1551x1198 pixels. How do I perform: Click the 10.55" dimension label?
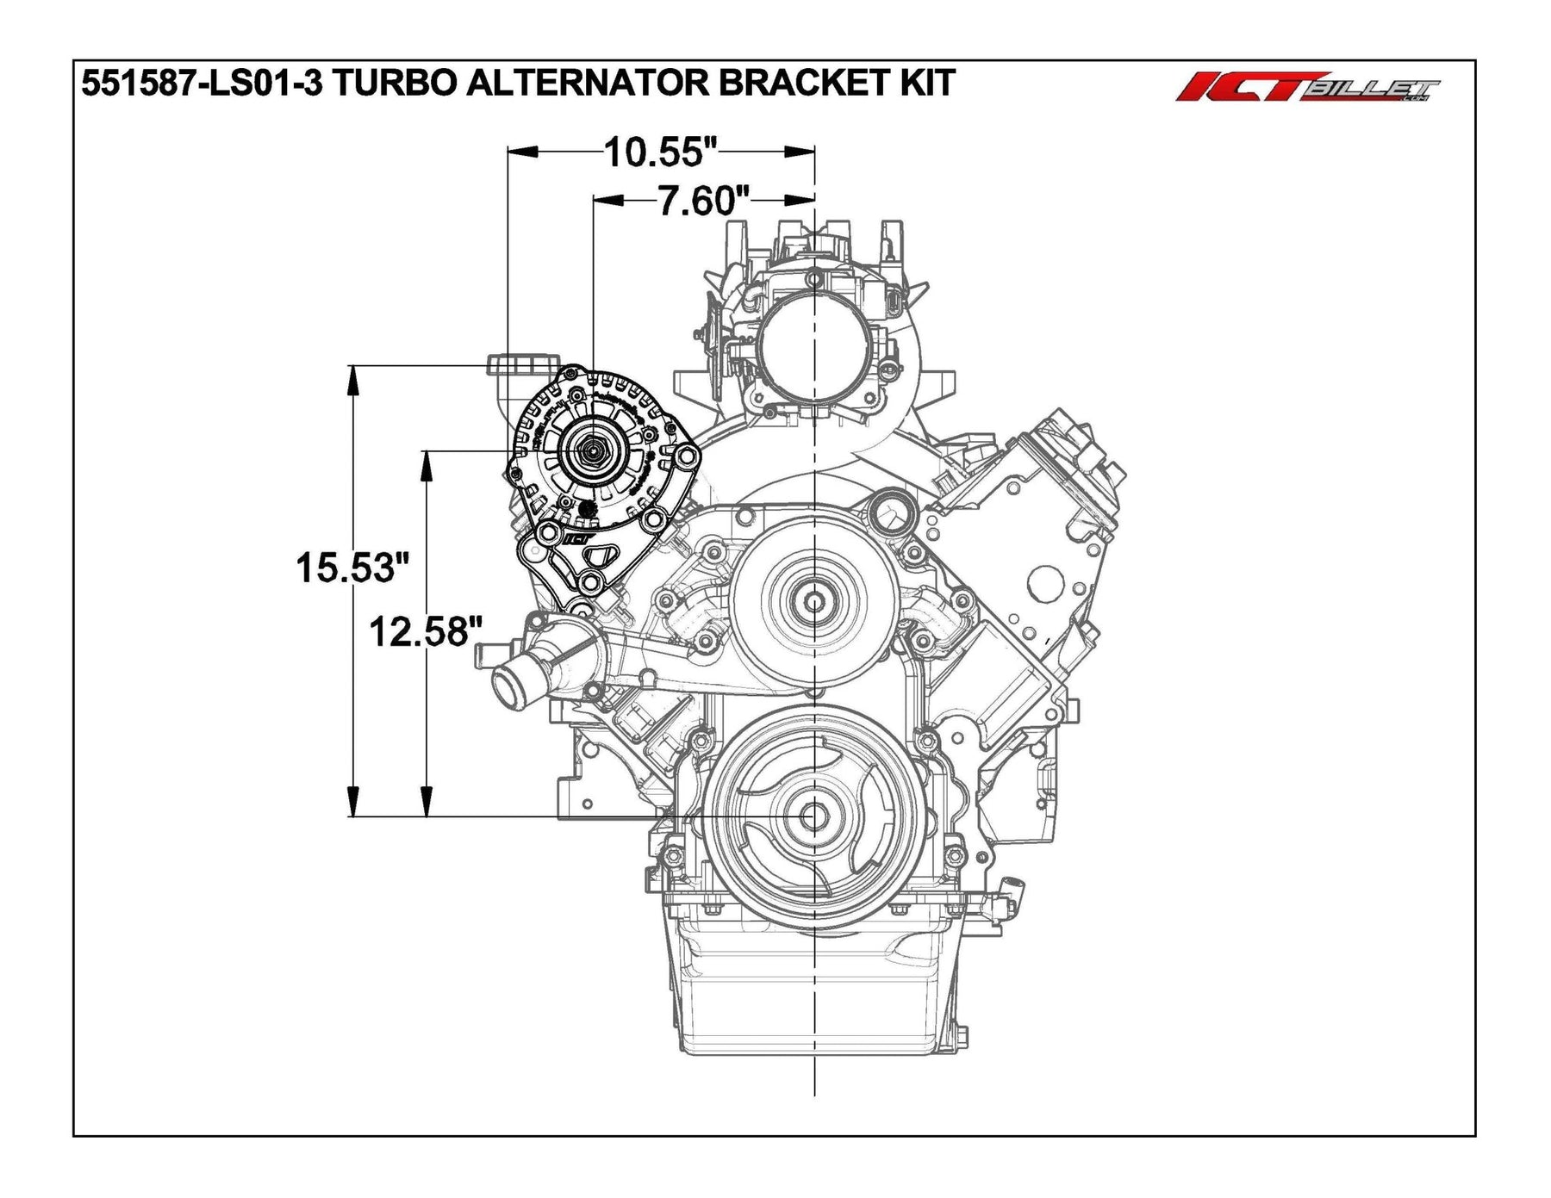[661, 152]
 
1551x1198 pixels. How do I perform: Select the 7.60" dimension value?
[701, 202]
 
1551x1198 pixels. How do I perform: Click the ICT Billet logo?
[1307, 87]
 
